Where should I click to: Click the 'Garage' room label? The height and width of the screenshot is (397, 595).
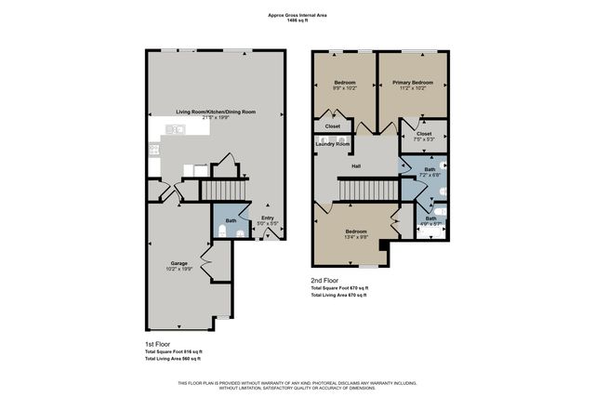(178, 263)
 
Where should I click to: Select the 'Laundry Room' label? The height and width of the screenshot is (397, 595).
(332, 144)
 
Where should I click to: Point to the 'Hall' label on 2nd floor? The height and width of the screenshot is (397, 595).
(356, 167)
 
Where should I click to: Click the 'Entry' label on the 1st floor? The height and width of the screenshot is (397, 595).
(268, 218)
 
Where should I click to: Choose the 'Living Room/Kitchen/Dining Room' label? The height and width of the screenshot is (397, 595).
(216, 112)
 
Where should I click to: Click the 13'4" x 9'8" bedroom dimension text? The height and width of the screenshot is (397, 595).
(356, 237)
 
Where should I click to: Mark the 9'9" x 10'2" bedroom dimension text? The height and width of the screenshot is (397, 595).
(344, 88)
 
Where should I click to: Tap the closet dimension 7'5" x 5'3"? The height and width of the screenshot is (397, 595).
(424, 140)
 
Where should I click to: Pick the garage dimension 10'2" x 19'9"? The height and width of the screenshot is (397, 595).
(178, 270)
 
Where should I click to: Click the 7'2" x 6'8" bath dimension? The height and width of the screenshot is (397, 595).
(430, 176)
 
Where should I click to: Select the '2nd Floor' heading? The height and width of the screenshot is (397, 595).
(325, 279)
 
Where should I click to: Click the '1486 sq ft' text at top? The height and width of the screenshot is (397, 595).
(297, 22)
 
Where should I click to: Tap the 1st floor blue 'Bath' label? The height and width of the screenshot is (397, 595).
(231, 221)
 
